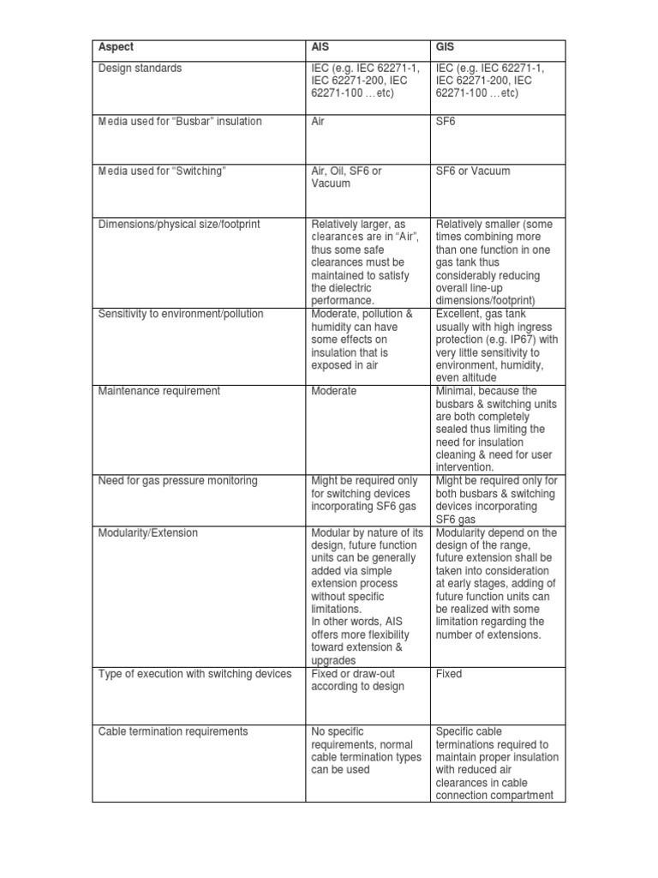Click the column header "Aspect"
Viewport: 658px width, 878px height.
[x=116, y=48]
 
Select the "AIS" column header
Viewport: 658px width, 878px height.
[x=320, y=48]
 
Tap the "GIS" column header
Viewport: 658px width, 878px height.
[x=445, y=48]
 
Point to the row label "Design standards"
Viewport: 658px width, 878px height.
[x=140, y=69]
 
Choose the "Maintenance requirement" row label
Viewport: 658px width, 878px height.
[x=159, y=391]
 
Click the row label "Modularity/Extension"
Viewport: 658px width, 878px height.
[x=147, y=532]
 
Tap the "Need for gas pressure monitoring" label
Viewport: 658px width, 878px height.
[x=177, y=481]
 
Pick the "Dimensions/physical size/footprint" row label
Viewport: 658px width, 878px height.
[x=180, y=224]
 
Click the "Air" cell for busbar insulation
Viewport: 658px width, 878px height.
[x=318, y=122]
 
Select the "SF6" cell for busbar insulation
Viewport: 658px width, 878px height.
[x=446, y=122]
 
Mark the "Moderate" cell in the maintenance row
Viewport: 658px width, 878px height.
[x=333, y=391]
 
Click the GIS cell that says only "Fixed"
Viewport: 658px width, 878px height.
[x=448, y=674]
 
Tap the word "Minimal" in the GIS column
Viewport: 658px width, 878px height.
[x=456, y=391]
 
